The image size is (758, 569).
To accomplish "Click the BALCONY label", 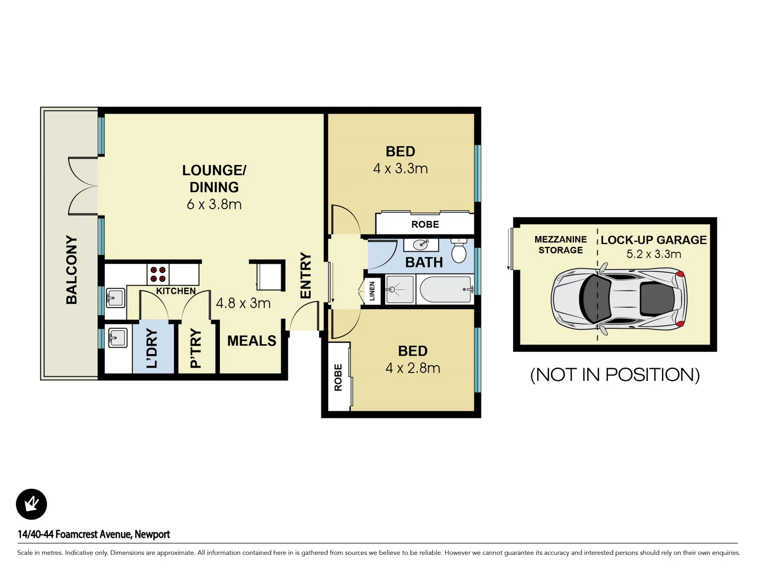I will (x=72, y=270).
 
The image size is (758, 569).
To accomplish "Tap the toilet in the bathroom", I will (x=459, y=251).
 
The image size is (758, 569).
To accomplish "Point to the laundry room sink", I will (x=117, y=337).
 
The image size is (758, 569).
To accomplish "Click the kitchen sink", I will (x=115, y=298).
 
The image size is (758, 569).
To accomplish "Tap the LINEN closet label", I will (x=372, y=291).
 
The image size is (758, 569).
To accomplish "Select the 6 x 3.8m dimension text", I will (x=214, y=204).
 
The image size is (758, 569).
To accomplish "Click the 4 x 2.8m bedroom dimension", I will (x=412, y=368).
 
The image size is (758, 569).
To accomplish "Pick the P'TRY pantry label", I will (x=195, y=348).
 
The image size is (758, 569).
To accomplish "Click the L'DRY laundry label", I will (x=152, y=348).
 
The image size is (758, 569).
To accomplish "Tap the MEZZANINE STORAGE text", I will (x=560, y=245).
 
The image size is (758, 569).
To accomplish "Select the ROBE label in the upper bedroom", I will (x=425, y=224).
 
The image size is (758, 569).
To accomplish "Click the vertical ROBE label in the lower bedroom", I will (x=338, y=377).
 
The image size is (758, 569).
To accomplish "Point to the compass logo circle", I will (x=32, y=504).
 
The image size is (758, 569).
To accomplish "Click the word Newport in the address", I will (x=152, y=534).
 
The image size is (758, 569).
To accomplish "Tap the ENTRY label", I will (x=306, y=276).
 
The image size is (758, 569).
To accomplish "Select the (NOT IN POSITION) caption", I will (x=615, y=375).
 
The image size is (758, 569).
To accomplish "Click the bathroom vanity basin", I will (x=421, y=244).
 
